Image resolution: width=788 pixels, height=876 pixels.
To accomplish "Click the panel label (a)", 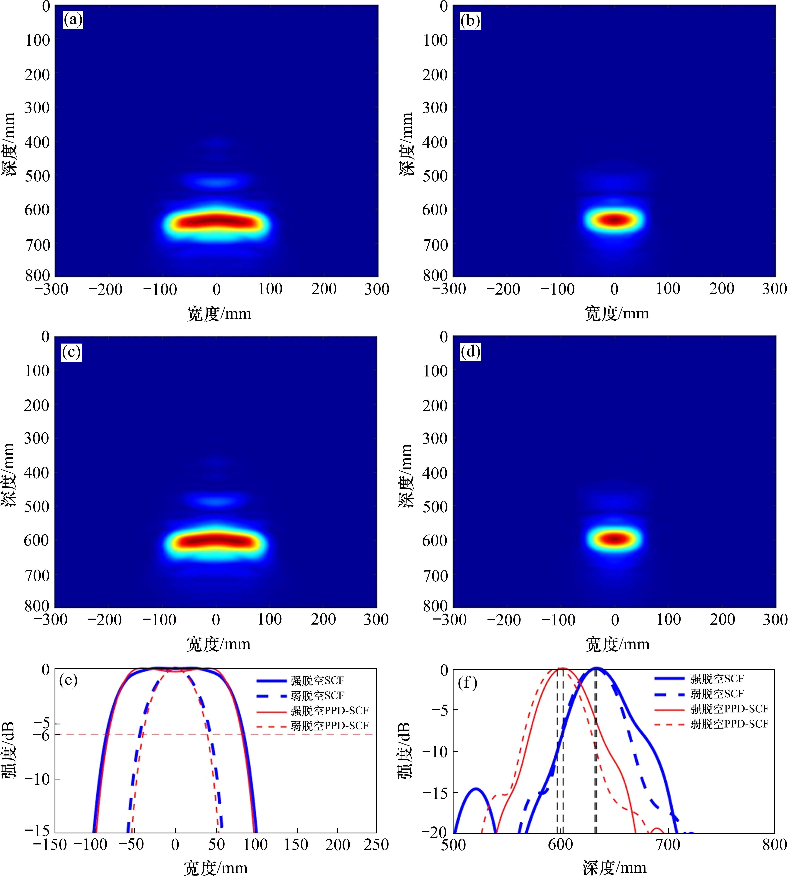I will coord(73,20).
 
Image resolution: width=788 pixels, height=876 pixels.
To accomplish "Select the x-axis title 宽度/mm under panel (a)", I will coord(219,313).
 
